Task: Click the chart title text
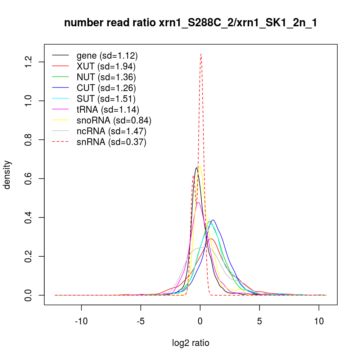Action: coord(190,23)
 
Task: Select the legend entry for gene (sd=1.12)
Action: coord(107,55)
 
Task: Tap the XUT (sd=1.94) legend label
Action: coord(106,66)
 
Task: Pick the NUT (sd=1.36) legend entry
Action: coord(106,77)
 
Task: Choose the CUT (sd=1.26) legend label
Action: coord(106,88)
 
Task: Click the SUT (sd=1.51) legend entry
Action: coord(106,99)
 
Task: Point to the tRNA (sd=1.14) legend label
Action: coord(108,109)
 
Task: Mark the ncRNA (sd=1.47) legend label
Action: coord(111,131)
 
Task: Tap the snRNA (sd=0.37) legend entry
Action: coord(111,142)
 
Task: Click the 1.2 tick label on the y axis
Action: coord(29,62)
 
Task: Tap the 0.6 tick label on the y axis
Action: coord(29,179)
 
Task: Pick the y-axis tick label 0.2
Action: coord(29,256)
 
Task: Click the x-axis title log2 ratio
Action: coord(191,343)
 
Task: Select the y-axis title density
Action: coord(7,175)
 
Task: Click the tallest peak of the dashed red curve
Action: coord(201,54)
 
